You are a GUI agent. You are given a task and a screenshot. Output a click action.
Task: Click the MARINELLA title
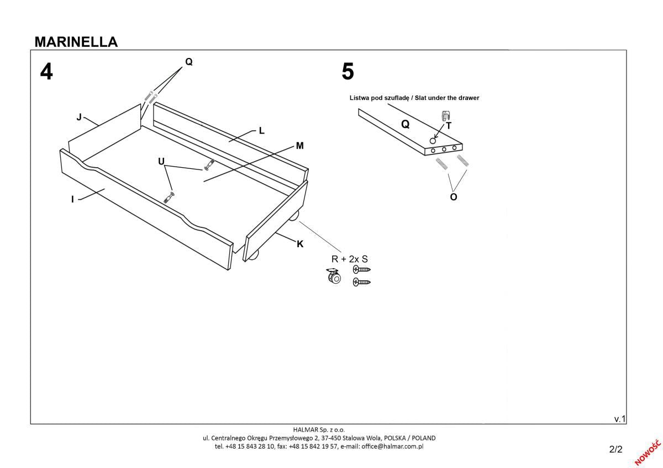76,42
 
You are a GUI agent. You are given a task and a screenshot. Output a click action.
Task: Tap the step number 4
46,72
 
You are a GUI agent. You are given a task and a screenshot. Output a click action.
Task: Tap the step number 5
348,72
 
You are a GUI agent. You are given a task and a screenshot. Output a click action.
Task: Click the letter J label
79,117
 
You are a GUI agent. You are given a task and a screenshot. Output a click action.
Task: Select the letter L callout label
262,131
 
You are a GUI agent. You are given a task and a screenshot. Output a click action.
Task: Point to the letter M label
299,146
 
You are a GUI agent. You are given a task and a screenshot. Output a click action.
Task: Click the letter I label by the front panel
72,199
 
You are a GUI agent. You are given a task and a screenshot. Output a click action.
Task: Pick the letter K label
300,244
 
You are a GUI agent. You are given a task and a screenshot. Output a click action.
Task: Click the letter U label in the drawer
161,161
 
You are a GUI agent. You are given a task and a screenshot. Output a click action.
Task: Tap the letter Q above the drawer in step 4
188,62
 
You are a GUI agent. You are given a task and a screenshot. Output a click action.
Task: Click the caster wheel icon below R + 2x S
333,276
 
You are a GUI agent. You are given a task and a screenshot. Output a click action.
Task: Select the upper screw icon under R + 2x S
361,269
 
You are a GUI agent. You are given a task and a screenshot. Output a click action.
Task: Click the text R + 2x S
349,259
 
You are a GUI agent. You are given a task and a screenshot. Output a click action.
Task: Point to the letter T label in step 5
449,126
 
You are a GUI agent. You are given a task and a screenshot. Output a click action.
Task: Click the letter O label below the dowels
454,196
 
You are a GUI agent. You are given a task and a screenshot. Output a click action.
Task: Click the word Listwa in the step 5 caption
360,98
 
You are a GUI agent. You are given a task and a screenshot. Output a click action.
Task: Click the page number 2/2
615,449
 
